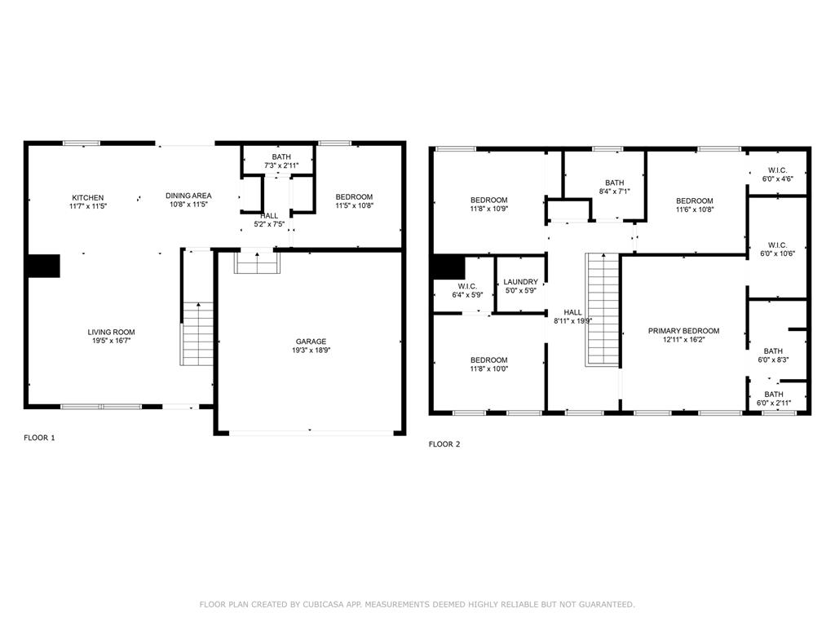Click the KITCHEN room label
88,197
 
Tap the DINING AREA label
188,196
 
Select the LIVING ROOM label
111,333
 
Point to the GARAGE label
311,342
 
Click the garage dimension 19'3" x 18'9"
311,350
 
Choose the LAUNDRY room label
520,281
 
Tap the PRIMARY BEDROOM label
684,331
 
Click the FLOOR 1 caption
39,438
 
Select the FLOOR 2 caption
444,444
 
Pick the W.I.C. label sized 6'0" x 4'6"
777,170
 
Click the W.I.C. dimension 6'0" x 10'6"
777,254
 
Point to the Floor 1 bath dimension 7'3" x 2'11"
281,165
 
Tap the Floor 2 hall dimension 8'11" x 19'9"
573,321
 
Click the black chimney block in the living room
43,266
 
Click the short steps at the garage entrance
257,262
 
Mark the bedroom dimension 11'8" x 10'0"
489,369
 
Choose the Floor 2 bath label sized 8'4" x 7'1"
615,183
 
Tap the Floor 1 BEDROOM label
354,196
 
